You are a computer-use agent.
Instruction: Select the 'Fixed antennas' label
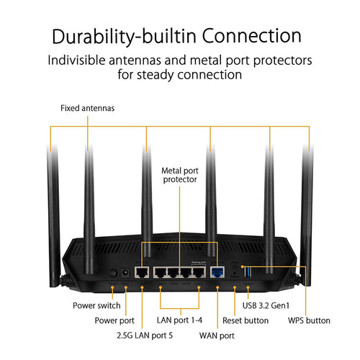tap(87, 109)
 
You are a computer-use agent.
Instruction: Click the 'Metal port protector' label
tap(179, 174)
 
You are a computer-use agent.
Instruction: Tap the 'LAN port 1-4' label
tap(179, 320)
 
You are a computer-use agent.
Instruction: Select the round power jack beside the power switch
tap(126, 273)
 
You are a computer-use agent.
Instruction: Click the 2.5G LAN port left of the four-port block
tap(142, 272)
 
